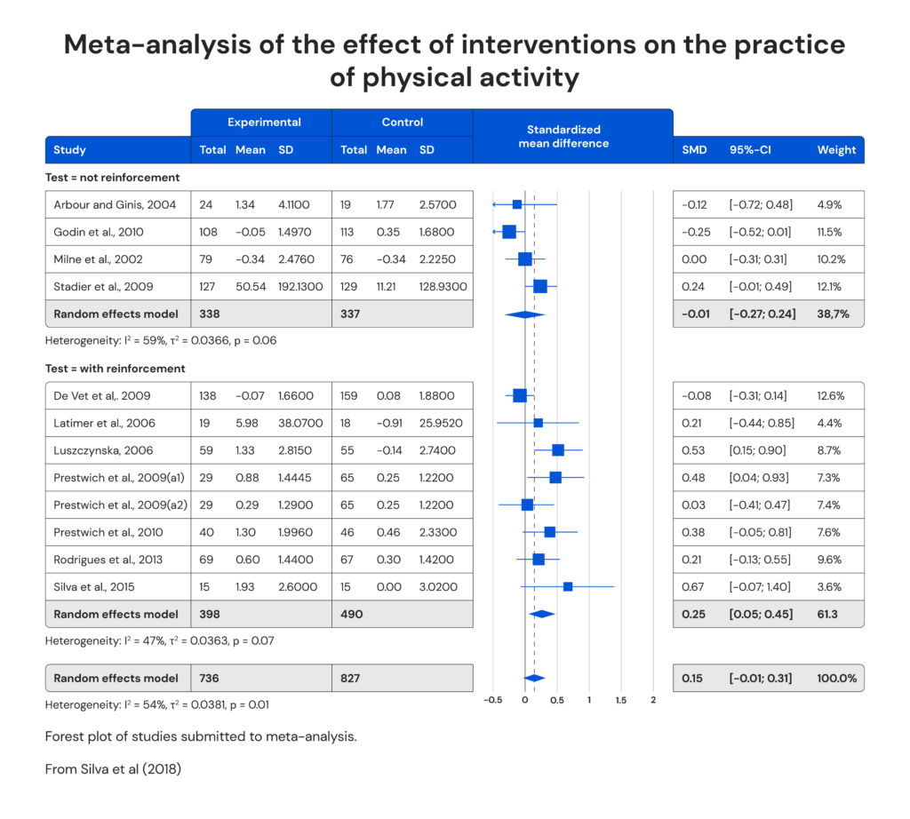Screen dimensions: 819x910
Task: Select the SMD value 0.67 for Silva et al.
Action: pos(693,586)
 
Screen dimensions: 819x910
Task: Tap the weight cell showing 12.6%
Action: pos(830,395)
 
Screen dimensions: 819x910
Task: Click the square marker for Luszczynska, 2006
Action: pos(558,449)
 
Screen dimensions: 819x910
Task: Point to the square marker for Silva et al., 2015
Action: pos(568,586)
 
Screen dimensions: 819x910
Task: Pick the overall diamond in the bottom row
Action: pos(534,678)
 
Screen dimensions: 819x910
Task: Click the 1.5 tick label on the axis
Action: pos(620,700)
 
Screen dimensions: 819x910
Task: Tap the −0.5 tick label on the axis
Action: pos(492,700)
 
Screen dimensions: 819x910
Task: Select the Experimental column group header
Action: pos(264,123)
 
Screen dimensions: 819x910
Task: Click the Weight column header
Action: pos(836,150)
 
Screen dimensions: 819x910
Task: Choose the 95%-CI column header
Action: pos(750,150)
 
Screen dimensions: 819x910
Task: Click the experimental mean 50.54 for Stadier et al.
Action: pos(250,286)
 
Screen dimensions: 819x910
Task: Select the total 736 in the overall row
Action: pos(209,678)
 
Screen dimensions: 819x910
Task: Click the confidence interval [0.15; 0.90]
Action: pos(757,450)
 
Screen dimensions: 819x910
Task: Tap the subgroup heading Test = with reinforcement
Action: pos(116,369)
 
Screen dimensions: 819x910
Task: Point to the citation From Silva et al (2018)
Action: pos(113,769)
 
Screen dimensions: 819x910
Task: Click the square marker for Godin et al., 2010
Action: pos(509,232)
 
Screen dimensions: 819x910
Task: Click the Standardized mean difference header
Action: pos(563,136)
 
